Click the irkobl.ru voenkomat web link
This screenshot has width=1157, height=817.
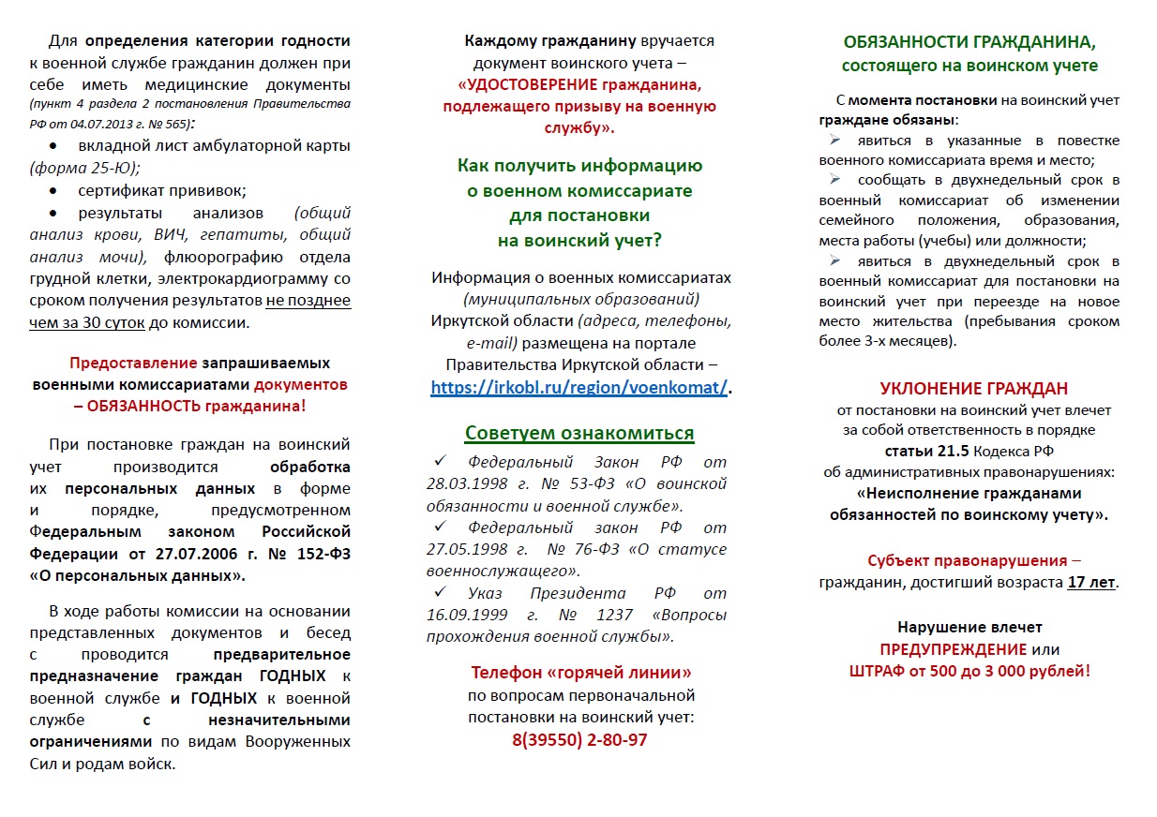[578, 388]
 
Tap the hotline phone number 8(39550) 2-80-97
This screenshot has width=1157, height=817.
[579, 740]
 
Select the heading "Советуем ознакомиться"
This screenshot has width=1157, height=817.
[579, 433]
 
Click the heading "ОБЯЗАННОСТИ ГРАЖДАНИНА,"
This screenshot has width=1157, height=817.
[969, 42]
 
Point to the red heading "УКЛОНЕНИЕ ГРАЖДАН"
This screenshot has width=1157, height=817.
[973, 389]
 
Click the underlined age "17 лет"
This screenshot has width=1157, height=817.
[1091, 582]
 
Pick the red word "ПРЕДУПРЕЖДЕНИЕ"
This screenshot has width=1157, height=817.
[953, 649]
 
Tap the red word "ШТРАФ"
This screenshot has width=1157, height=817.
[876, 671]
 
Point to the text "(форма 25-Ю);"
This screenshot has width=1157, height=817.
[84, 169]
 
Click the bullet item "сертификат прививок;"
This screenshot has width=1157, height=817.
[162, 191]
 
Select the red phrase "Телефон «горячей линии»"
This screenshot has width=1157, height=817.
[581, 673]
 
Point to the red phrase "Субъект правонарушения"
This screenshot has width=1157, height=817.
[967, 560]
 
